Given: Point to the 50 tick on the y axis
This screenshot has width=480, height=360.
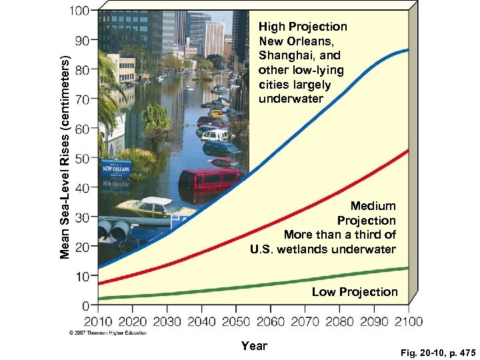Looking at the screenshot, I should click(81, 159).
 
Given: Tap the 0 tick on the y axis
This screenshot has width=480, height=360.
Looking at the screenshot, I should click(85, 306).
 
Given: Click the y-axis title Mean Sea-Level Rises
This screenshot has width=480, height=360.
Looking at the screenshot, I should click(65, 157).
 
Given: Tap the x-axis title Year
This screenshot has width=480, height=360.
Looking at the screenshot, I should click(254, 345).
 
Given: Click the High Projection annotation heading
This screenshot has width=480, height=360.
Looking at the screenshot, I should click(303, 27).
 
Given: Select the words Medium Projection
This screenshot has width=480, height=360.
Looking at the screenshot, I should click(366, 213).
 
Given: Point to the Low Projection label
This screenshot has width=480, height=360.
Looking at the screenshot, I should click(355, 292).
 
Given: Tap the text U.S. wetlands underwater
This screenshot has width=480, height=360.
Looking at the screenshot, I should click(323, 249).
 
